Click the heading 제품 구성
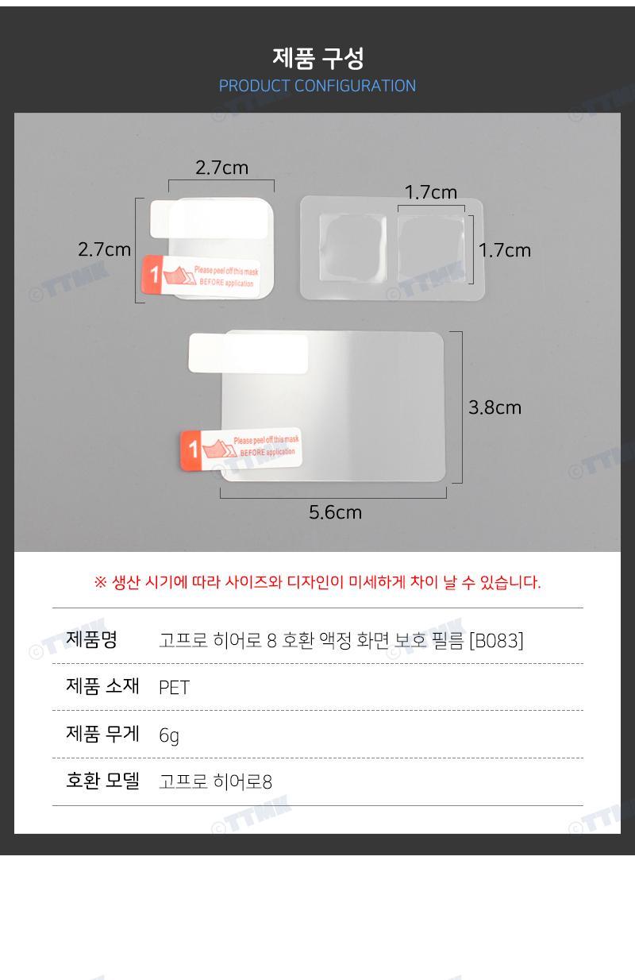[318, 58]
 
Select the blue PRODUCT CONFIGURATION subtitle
[317, 86]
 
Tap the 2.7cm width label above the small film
[221, 168]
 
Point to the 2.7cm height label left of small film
[104, 249]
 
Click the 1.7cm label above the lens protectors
[431, 192]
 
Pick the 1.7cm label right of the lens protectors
[505, 250]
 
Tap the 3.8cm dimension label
[495, 407]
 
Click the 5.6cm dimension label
[336, 512]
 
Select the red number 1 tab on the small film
[152, 274]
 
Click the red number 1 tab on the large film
[191, 450]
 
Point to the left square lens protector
[352, 248]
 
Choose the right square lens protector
[431, 248]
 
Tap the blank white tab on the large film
[248, 353]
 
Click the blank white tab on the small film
[209, 218]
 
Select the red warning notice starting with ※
[317, 582]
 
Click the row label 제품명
[91, 639]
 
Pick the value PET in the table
[174, 688]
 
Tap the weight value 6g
[169, 735]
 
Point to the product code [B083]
[496, 641]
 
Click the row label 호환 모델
[102, 781]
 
